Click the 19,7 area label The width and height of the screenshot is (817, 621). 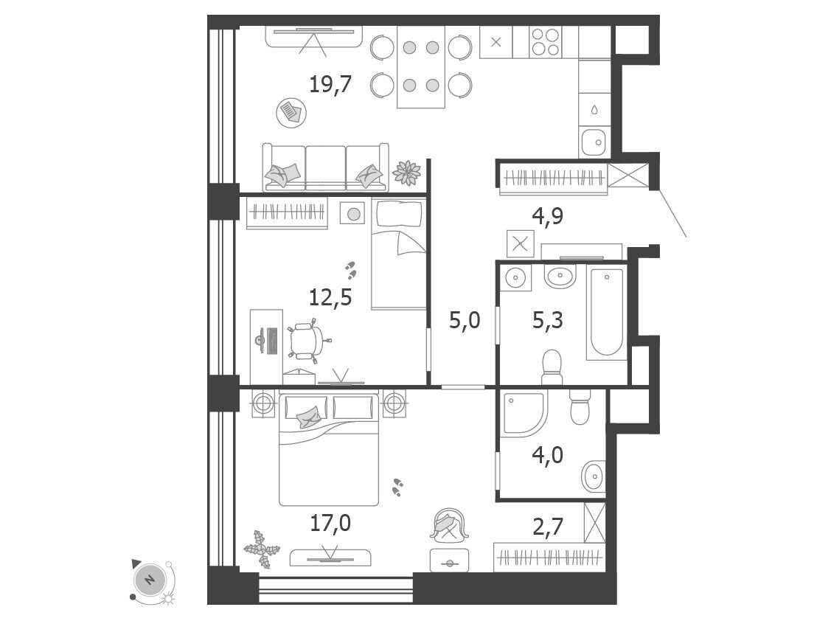(330, 84)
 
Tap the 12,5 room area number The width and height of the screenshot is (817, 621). (330, 297)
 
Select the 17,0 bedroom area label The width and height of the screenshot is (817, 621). (330, 523)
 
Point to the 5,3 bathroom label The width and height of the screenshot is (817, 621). (548, 320)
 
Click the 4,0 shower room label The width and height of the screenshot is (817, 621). (548, 455)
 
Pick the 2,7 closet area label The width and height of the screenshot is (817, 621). (548, 527)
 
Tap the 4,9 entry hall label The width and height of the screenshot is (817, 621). (548, 215)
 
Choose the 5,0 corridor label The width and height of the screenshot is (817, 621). (465, 320)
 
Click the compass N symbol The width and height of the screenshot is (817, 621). (150, 579)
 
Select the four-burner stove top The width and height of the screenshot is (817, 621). (546, 42)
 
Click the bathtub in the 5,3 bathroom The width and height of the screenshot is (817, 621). (607, 313)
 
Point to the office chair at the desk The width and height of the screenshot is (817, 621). (306, 340)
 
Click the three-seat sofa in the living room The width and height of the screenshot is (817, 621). (326, 167)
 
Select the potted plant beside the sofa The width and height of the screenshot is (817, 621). (406, 173)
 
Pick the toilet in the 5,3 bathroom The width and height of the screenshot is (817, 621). (552, 367)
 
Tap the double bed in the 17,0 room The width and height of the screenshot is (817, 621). (329, 450)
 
